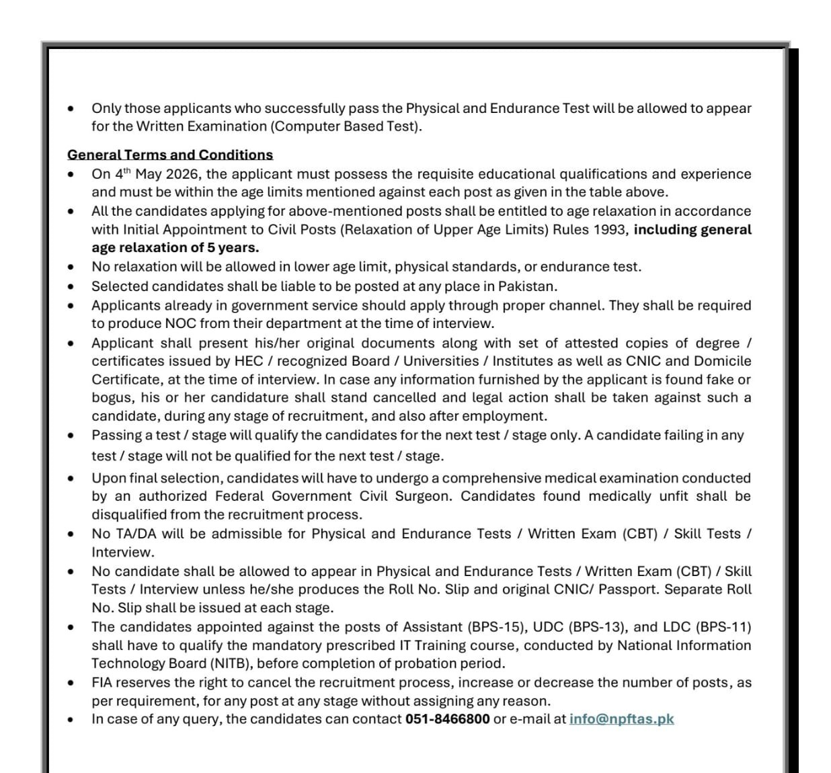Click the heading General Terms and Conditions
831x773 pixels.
point(169,155)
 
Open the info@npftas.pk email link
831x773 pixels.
point(621,719)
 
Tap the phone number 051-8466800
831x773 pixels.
point(447,719)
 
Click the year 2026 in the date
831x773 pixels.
point(182,174)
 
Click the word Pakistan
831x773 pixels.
point(527,286)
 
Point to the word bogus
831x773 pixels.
point(113,398)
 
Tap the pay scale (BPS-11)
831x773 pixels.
point(724,627)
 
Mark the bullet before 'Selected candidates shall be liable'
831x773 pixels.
point(71,287)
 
